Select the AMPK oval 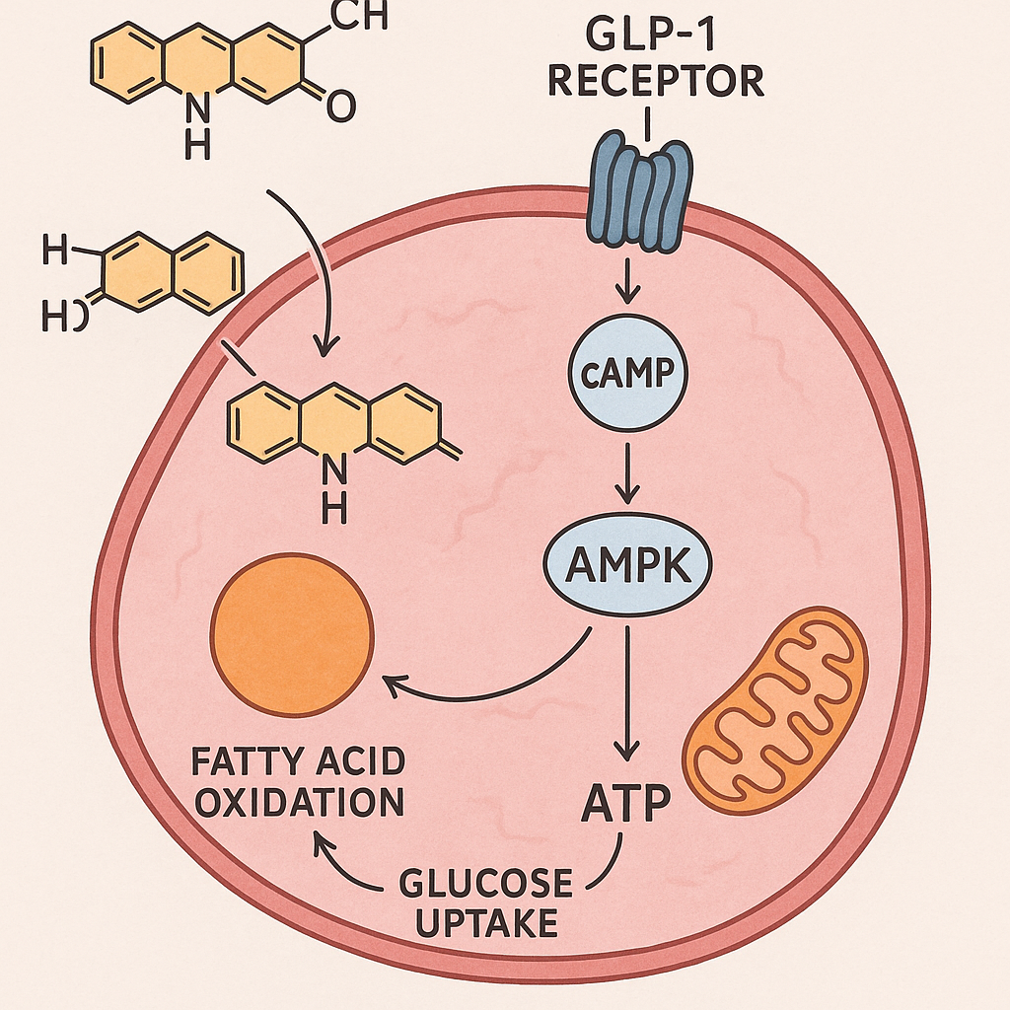pyautogui.click(x=628, y=569)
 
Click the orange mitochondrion pyautogui.click(x=775, y=709)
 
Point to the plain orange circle pyautogui.click(x=293, y=639)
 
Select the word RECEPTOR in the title pyautogui.click(x=655, y=82)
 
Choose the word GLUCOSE pyautogui.click(x=485, y=882)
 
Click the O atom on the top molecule pyautogui.click(x=339, y=108)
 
